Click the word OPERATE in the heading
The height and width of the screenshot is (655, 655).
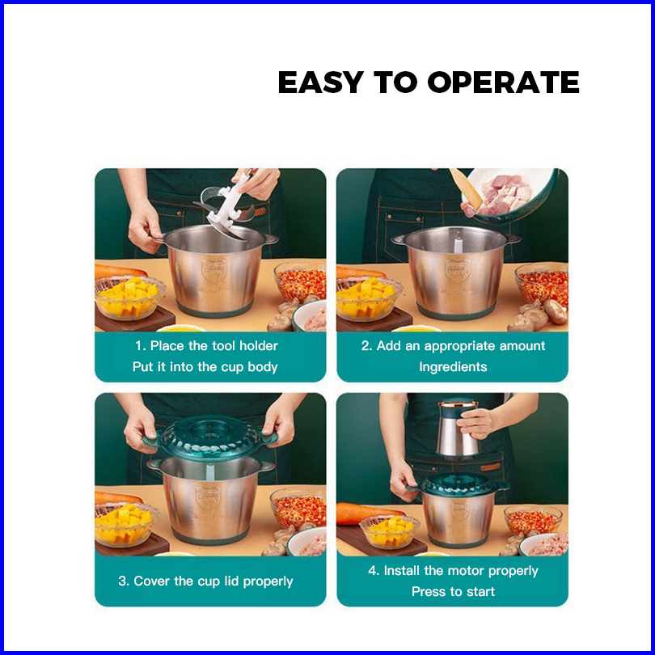(503, 82)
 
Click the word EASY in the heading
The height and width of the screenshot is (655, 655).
(320, 82)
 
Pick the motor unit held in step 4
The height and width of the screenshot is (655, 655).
(458, 428)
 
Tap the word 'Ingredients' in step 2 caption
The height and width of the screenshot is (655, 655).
(453, 367)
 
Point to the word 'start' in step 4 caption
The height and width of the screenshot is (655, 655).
(480, 591)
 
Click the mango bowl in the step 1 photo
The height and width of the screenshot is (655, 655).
(129, 297)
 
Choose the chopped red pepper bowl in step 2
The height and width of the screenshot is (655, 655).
(541, 285)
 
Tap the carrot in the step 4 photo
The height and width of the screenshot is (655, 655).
(367, 513)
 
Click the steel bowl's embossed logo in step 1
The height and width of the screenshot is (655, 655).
(213, 268)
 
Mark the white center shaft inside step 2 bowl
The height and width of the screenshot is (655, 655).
(458, 243)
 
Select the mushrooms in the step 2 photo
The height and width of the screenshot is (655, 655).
(539, 315)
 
